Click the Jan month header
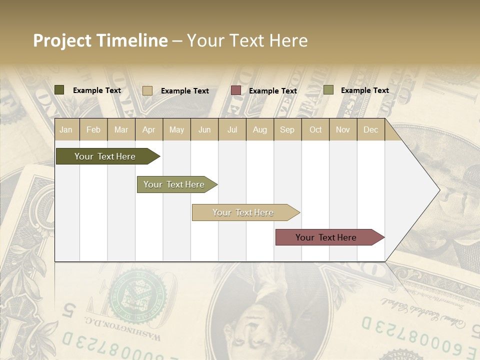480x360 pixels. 66,129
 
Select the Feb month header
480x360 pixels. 93,129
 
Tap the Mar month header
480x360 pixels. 121,129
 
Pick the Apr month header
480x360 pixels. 148,129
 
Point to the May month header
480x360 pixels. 176,129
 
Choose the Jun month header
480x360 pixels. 204,129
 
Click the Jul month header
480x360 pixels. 232,129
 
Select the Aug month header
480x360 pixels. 259,129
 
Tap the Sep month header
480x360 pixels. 287,129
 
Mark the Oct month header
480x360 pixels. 315,129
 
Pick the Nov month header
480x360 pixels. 343,129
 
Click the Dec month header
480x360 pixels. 370,129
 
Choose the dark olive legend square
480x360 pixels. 59,90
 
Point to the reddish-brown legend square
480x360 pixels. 236,90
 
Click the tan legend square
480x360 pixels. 147,90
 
